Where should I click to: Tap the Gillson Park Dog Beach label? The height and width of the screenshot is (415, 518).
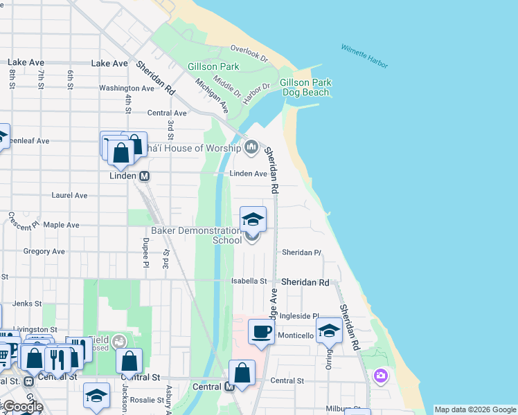tap(305, 87)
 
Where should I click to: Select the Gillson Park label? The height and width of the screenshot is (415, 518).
tap(213, 67)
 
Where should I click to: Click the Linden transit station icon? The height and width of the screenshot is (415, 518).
tap(145, 176)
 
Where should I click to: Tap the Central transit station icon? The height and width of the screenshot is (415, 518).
tap(230, 387)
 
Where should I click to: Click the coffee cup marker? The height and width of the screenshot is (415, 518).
tap(261, 332)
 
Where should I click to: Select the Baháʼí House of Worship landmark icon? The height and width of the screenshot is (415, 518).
tap(251, 147)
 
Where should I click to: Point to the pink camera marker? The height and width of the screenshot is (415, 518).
tap(380, 376)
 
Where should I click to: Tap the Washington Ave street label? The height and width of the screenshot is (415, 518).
tap(126, 88)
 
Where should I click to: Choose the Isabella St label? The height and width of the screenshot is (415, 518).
tap(249, 282)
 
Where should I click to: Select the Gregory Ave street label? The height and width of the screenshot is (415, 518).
tap(44, 252)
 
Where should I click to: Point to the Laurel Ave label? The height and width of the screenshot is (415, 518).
tap(69, 196)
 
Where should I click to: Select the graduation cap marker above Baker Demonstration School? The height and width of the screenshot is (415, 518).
tap(253, 219)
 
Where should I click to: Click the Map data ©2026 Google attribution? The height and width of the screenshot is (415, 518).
tap(475, 409)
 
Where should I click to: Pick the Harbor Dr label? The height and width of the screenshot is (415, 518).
tap(256, 90)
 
